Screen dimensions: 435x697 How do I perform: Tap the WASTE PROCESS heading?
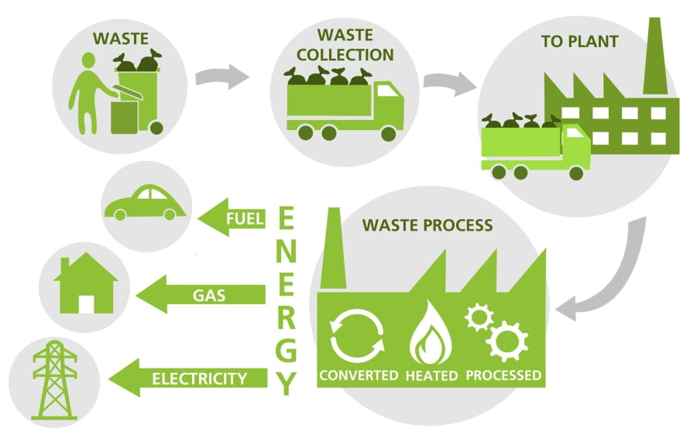(x=427, y=226)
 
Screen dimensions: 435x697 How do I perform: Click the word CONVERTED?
(x=358, y=376)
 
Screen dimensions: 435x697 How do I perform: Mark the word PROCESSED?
(x=503, y=376)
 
